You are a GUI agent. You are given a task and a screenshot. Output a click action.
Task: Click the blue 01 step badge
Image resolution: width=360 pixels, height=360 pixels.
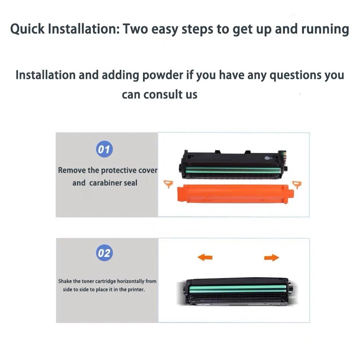tap(104, 149)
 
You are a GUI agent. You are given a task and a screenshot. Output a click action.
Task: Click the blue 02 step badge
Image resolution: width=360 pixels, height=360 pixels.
tap(104, 253)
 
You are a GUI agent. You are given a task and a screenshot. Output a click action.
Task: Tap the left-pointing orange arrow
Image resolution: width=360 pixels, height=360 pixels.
tap(205, 258)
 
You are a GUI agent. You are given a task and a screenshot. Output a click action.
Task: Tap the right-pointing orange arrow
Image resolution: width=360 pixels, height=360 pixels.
tap(271, 258)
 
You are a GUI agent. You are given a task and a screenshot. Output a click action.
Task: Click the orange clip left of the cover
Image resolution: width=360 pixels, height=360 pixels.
tap(168, 184)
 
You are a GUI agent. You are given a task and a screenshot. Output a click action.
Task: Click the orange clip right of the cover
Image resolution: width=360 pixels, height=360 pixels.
tap(297, 185)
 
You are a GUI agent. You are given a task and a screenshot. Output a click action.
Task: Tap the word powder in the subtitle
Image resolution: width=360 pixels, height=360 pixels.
tap(162, 75)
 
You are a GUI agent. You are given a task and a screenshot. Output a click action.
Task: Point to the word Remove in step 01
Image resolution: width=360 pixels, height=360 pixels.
tap(71, 170)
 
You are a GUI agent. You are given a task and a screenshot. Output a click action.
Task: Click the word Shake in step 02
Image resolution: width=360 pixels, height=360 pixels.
tap(65, 281)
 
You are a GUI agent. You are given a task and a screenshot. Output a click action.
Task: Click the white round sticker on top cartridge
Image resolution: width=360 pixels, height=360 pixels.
tap(266, 157)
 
